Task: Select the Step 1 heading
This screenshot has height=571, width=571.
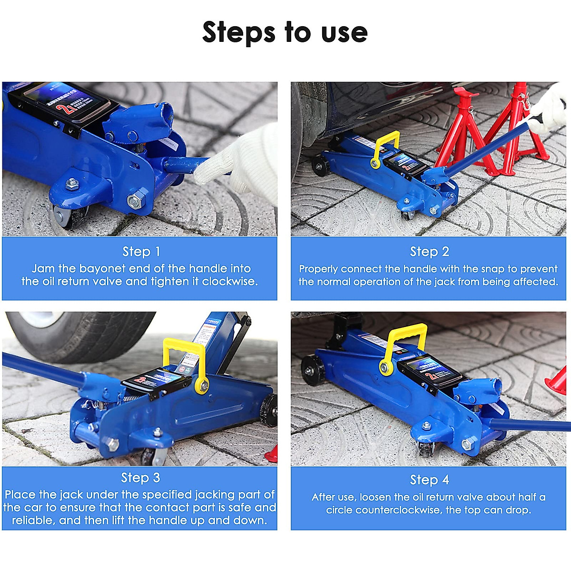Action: pyautogui.click(x=141, y=251)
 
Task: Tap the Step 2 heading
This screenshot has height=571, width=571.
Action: pyautogui.click(x=429, y=251)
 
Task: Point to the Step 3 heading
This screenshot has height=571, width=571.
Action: pyautogui.click(x=140, y=477)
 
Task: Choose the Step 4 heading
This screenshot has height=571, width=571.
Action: pyautogui.click(x=429, y=480)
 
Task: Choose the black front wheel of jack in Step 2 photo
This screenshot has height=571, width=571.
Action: pyautogui.click(x=320, y=165)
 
